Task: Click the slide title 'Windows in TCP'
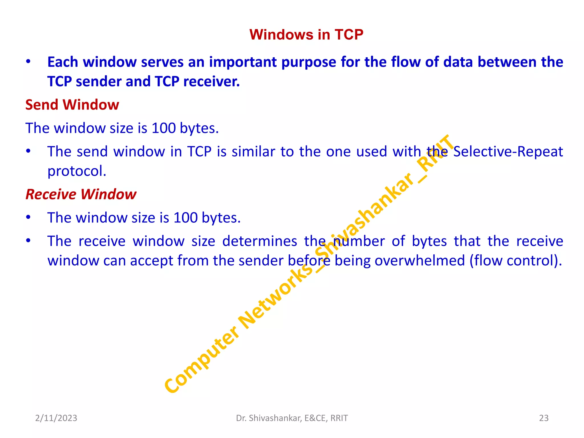point(306,35)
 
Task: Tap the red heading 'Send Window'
point(72,105)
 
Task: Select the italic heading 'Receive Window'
point(81,194)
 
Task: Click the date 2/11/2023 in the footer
point(56,418)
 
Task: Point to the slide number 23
point(544,418)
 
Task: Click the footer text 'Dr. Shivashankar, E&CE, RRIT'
point(292,418)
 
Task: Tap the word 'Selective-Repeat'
point(508,152)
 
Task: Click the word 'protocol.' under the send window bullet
point(77,171)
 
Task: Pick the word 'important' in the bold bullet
point(243,62)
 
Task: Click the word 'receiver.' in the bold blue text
point(212,82)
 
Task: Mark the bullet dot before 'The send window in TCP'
point(28,151)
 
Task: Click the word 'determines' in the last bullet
point(259,241)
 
